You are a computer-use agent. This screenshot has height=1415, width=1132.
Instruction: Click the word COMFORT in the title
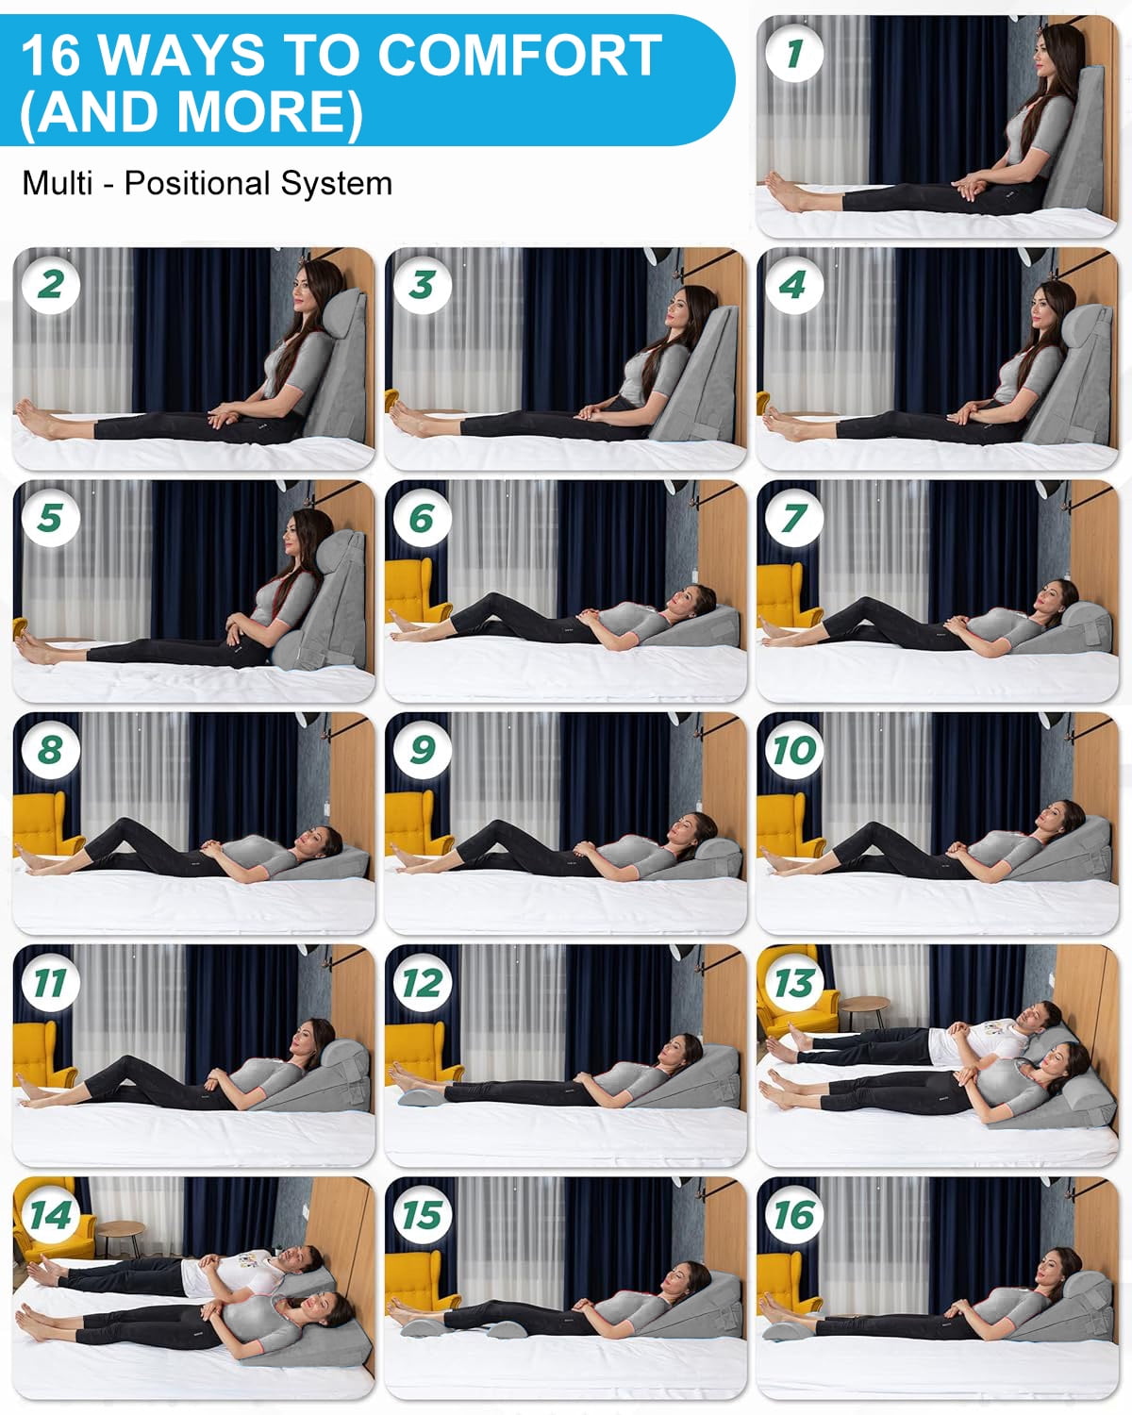(520, 55)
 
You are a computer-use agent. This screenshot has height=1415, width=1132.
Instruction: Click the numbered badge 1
(794, 53)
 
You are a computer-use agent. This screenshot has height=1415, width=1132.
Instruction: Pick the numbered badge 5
(51, 518)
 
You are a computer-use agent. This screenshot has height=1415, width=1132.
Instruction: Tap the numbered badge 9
(423, 750)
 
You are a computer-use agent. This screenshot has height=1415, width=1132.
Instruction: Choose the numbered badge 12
(423, 983)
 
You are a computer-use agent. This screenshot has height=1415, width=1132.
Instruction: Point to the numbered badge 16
(794, 1214)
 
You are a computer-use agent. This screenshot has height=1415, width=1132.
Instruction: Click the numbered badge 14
(51, 1214)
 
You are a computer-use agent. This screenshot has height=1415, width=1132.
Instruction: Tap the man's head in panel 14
(304, 1258)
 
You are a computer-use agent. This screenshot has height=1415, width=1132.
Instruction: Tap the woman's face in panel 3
(679, 309)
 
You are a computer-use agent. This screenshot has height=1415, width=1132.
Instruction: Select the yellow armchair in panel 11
(41, 1056)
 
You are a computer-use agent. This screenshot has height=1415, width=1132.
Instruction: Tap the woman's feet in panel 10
(780, 860)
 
